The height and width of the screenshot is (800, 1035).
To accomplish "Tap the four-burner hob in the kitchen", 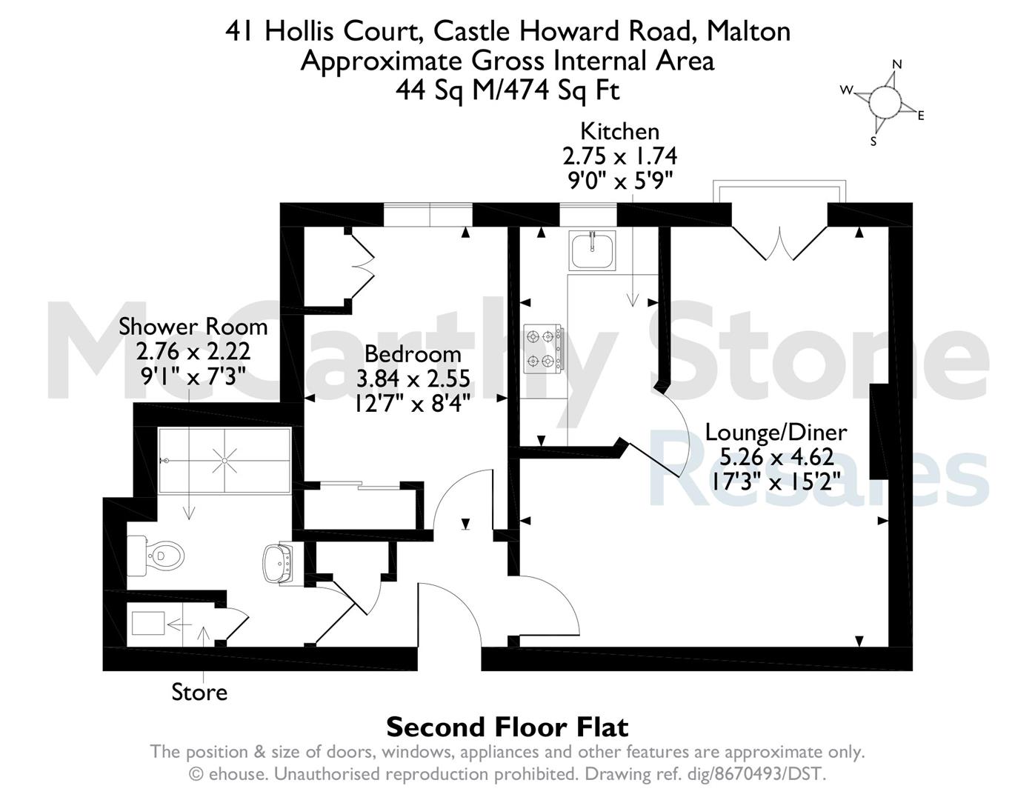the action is (544, 349).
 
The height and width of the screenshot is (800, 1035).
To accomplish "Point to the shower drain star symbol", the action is (224, 460).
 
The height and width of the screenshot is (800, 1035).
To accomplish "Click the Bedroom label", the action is (413, 354).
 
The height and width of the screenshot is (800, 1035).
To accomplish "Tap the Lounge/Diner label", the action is (776, 433).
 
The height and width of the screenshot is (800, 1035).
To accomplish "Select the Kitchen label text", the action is (619, 131).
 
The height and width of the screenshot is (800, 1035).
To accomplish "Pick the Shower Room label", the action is (193, 327).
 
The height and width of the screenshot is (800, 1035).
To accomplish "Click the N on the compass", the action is (897, 64).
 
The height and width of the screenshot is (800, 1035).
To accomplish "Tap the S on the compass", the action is (873, 141).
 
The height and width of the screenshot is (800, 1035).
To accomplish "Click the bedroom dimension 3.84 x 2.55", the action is (413, 379).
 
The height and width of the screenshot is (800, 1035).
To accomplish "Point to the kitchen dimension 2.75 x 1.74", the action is (619, 156).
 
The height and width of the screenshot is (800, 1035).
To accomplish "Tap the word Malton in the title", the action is (749, 31).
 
